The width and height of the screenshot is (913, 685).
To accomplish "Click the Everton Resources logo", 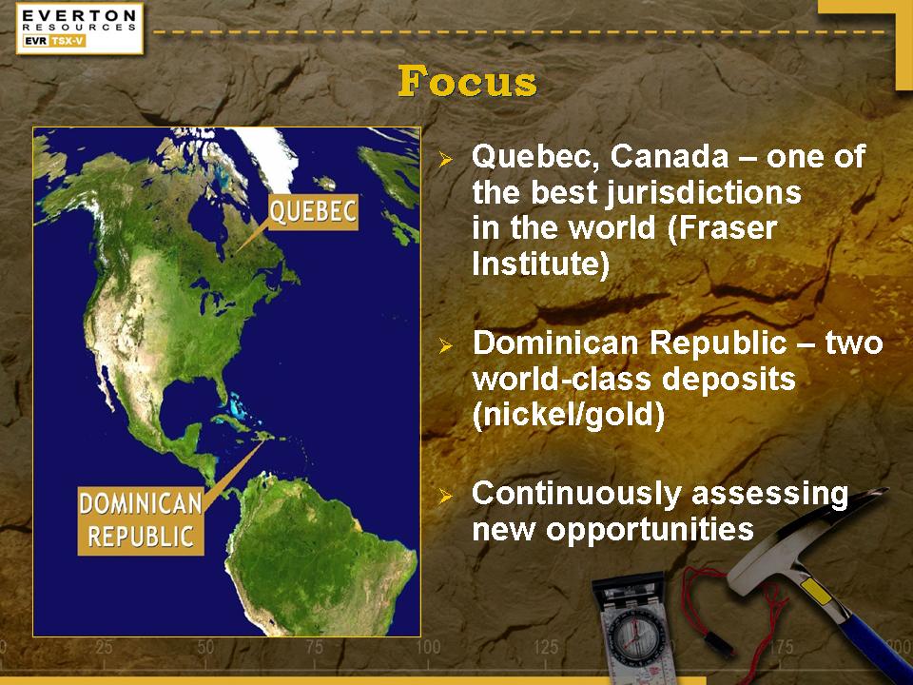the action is pos(80,28).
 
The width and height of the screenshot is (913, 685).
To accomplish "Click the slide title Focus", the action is pos(467,82).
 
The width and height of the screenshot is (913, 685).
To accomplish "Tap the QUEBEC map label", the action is pos(313,211).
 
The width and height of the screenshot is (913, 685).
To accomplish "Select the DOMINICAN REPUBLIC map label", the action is pos(141,520).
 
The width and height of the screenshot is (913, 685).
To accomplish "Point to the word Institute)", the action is pos(540,264).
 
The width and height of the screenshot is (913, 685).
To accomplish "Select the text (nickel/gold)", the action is pos(569,415).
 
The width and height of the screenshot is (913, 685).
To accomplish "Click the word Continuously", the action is pos(576,494).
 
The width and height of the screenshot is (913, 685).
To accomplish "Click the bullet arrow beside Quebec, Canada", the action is pos(445,159).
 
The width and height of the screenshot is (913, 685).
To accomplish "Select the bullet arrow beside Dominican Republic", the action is pos(445,346).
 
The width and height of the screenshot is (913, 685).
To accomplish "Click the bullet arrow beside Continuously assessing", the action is pos(445,496).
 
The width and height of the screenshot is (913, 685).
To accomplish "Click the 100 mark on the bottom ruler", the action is pos(428,647).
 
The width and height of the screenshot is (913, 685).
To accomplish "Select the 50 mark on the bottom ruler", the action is pos(205,647).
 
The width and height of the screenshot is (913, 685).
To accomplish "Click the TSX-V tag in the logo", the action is pos(68,41).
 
